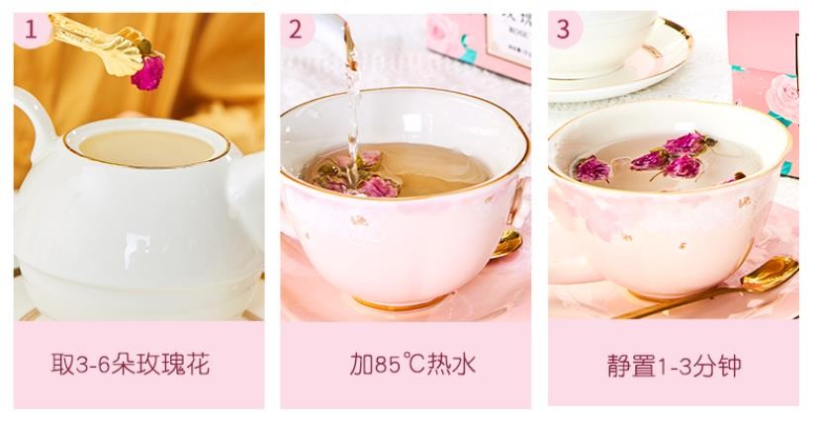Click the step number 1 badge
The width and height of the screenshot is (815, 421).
[32, 29]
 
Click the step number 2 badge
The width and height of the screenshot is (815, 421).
[296, 29]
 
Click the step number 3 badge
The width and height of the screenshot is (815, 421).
[563, 29]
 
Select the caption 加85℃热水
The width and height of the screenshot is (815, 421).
[406, 364]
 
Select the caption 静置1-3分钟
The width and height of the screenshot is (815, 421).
[673, 364]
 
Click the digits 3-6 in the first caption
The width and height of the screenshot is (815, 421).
[94, 364]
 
